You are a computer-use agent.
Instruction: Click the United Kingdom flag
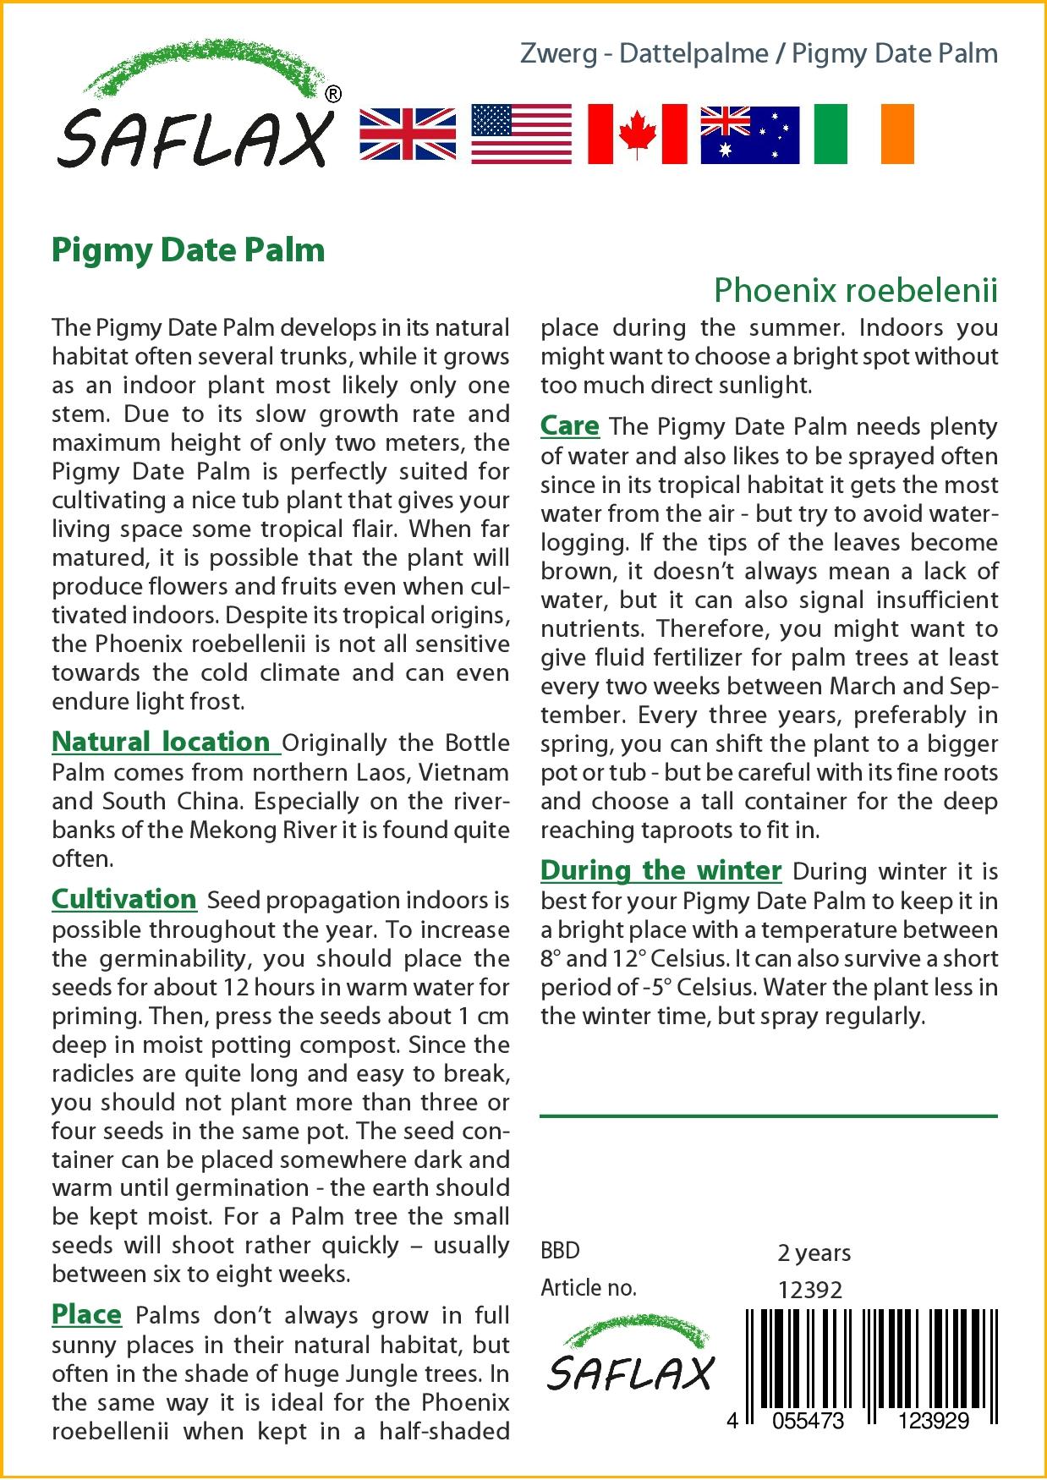coord(408,134)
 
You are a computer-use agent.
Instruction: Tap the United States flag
coord(521,134)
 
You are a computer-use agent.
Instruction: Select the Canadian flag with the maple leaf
coord(637,134)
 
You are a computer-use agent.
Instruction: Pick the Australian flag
coord(749,134)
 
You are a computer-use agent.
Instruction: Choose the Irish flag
coord(863,134)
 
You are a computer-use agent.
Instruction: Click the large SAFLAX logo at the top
coord(195,114)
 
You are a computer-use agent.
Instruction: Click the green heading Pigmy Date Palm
coord(189,250)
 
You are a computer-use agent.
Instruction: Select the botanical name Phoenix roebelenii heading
coord(855,290)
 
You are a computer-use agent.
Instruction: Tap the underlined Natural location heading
coord(161,742)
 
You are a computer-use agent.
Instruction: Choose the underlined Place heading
coord(86,1314)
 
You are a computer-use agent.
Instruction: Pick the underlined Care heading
coord(570,425)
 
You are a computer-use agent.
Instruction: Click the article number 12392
coord(809,1290)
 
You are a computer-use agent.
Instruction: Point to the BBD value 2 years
coord(814,1253)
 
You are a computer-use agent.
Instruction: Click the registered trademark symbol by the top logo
coord(333,95)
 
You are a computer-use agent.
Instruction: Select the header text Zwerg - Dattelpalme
coord(644,54)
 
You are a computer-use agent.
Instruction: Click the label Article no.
coord(588,1288)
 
